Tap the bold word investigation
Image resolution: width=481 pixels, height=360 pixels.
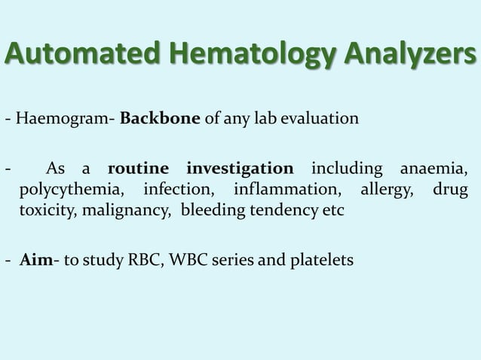[x=240, y=167]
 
